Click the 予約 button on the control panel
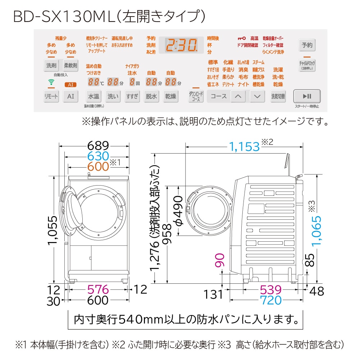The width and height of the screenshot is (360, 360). click(307, 45)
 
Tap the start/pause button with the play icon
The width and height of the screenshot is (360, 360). click(306, 96)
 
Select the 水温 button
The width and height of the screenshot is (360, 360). click(94, 96)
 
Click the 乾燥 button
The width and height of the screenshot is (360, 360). click(170, 96)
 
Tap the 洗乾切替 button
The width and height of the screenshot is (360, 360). click(278, 96)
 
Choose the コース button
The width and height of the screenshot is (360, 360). click(218, 96)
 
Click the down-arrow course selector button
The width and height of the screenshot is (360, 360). click(257, 96)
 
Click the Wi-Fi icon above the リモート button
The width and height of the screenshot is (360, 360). click(50, 82)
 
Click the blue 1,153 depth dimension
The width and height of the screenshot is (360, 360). click(244, 146)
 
